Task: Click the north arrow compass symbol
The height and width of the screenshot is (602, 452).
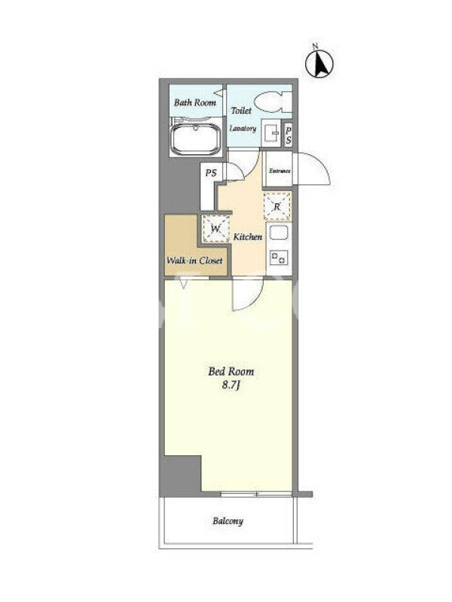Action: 319,62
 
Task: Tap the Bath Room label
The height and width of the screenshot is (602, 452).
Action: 195,102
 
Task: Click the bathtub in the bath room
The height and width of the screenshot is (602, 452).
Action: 196,138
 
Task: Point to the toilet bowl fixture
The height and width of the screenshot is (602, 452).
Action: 273,102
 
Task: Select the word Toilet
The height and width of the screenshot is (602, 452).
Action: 241,111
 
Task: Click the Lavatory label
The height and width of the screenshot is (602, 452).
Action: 243,129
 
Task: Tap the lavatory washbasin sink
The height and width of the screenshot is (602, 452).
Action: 271,133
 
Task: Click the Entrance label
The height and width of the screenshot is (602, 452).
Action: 279,171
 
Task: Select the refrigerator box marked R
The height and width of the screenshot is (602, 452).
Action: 277,206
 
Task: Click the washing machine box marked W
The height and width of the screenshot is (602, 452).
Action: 216,229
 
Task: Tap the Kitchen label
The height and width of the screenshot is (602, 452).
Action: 248,237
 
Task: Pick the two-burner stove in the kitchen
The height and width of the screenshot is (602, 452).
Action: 279,257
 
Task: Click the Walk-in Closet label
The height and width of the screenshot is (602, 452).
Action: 194,260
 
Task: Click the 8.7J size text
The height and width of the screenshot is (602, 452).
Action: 231,385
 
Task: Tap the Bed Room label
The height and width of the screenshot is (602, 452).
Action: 231,372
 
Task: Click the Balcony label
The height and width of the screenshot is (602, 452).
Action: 228,521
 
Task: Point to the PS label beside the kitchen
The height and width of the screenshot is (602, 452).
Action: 211,173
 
